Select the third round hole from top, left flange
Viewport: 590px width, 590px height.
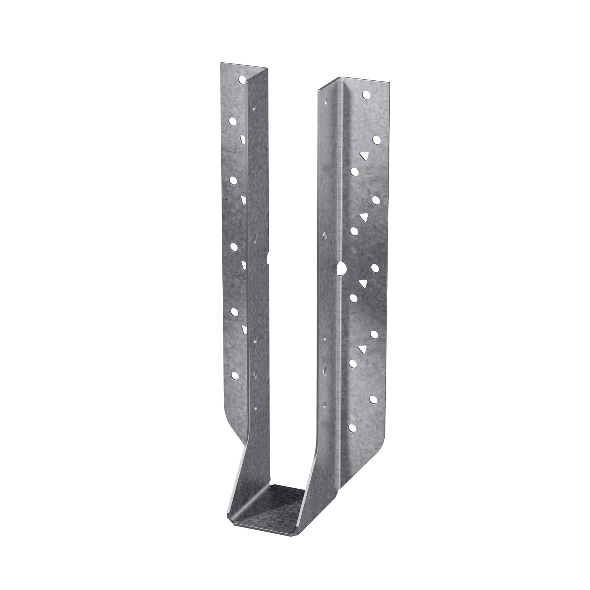pyautogui.click(x=233, y=180)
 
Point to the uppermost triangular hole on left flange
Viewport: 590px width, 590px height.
pyautogui.click(x=242, y=139)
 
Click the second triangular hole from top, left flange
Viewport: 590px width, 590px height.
pyautogui.click(x=243, y=200)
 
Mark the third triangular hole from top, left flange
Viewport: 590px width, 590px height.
pyautogui.click(x=243, y=264)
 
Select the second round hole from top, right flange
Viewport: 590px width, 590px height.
pyautogui.click(x=376, y=139)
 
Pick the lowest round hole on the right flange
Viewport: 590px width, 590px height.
pyautogui.click(x=353, y=428)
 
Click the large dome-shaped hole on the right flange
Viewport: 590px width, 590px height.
pyautogui.click(x=341, y=268)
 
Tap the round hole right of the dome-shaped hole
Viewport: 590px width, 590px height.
pyautogui.click(x=375, y=268)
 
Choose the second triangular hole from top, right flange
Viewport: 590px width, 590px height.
pyautogui.click(x=364, y=217)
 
